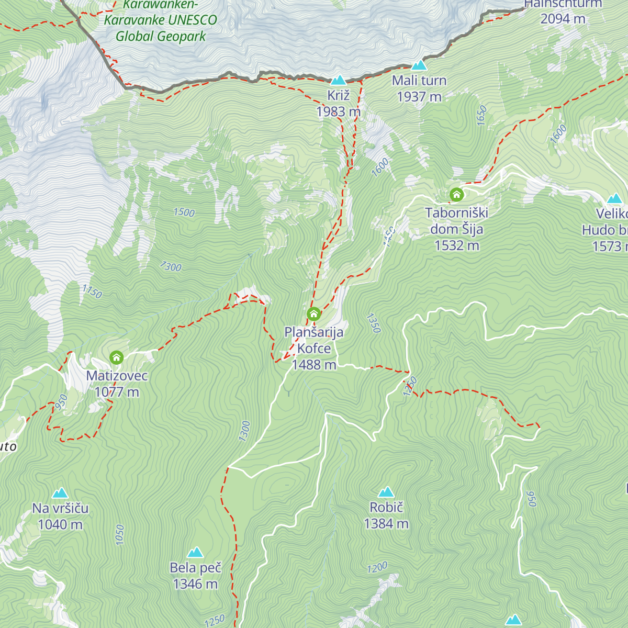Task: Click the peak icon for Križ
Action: point(339,80)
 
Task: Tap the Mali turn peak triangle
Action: point(419,65)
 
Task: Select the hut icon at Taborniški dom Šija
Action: point(456,195)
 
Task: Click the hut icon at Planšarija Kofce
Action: point(313,314)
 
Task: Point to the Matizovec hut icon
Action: point(116,358)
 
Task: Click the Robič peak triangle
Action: point(386,492)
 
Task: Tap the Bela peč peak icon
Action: point(195,552)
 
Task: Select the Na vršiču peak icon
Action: point(60,493)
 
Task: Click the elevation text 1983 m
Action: point(338,111)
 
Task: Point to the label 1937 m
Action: point(419,97)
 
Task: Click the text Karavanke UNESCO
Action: point(160,20)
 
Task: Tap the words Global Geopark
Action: point(161,37)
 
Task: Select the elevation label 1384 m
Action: point(386,524)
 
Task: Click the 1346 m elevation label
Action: point(195,584)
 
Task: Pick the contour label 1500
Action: point(184,212)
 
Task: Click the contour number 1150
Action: point(92,291)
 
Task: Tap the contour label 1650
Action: point(481,115)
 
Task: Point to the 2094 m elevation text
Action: point(563,19)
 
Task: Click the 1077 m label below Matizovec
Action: point(117,392)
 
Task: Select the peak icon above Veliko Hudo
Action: point(614,198)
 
